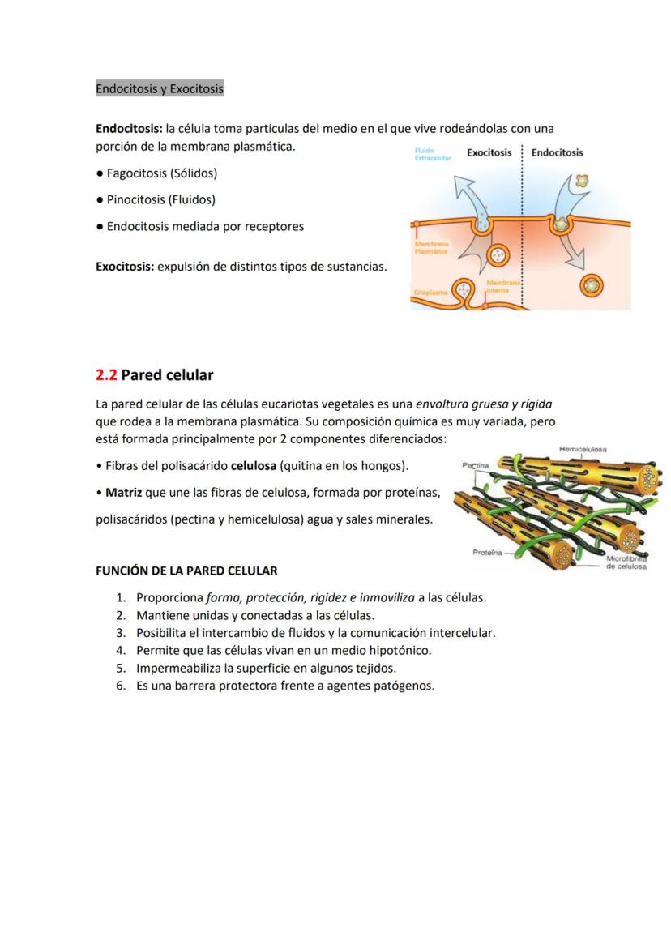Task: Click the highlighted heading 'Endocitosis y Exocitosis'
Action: click(x=159, y=88)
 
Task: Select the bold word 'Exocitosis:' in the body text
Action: click(x=125, y=267)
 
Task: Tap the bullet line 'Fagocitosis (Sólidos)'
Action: click(x=161, y=173)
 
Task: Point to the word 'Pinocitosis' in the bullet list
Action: click(x=135, y=199)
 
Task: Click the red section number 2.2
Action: click(x=106, y=374)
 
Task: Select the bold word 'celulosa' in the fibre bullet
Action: click(x=253, y=466)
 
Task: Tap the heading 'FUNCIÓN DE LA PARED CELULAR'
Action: click(x=186, y=571)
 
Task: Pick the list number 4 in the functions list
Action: click(x=119, y=650)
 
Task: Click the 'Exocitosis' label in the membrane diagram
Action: click(x=489, y=152)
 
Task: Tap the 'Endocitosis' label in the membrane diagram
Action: click(x=558, y=152)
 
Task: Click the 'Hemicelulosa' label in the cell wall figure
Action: click(x=583, y=449)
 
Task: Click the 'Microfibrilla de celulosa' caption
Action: click(x=626, y=562)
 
